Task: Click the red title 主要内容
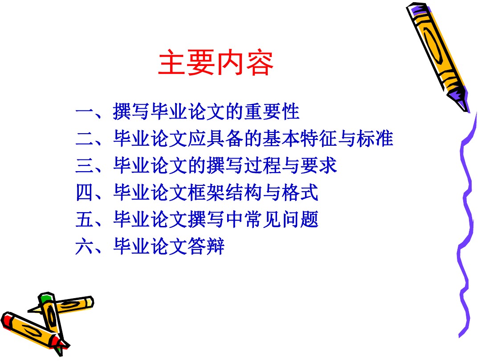[x=216, y=63]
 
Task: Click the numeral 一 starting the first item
[x=84, y=111]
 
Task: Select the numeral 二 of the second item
[x=84, y=139]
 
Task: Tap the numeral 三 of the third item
[x=84, y=166]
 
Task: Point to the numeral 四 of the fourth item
[x=84, y=193]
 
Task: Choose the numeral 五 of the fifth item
[x=84, y=219]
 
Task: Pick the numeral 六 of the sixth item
[x=84, y=246]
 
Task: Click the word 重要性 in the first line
[x=272, y=111]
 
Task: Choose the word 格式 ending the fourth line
[x=300, y=193]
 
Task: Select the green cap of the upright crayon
[x=46, y=297]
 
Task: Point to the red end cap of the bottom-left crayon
[x=6, y=319]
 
